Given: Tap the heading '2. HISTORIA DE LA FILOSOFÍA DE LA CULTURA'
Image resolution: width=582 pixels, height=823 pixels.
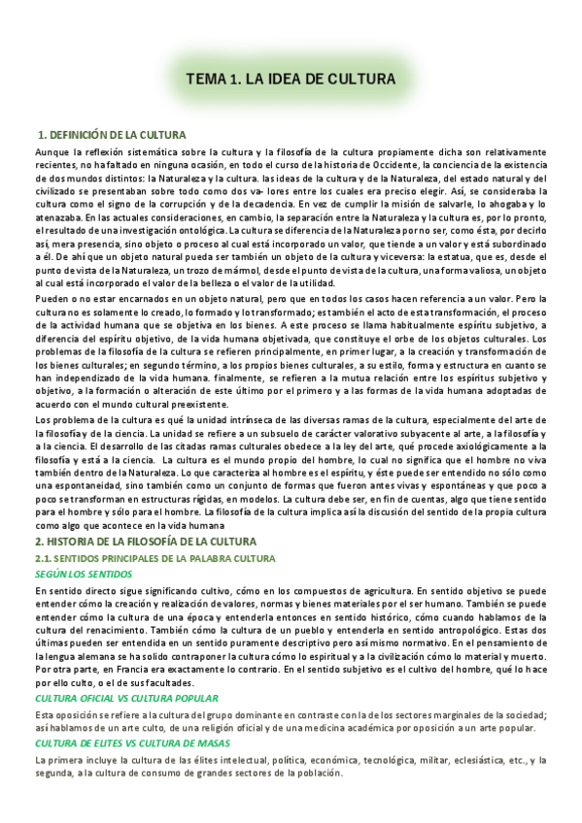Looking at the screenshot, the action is (145, 541).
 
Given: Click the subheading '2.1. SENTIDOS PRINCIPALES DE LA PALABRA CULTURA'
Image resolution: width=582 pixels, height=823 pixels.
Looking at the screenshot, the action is (154, 558).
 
